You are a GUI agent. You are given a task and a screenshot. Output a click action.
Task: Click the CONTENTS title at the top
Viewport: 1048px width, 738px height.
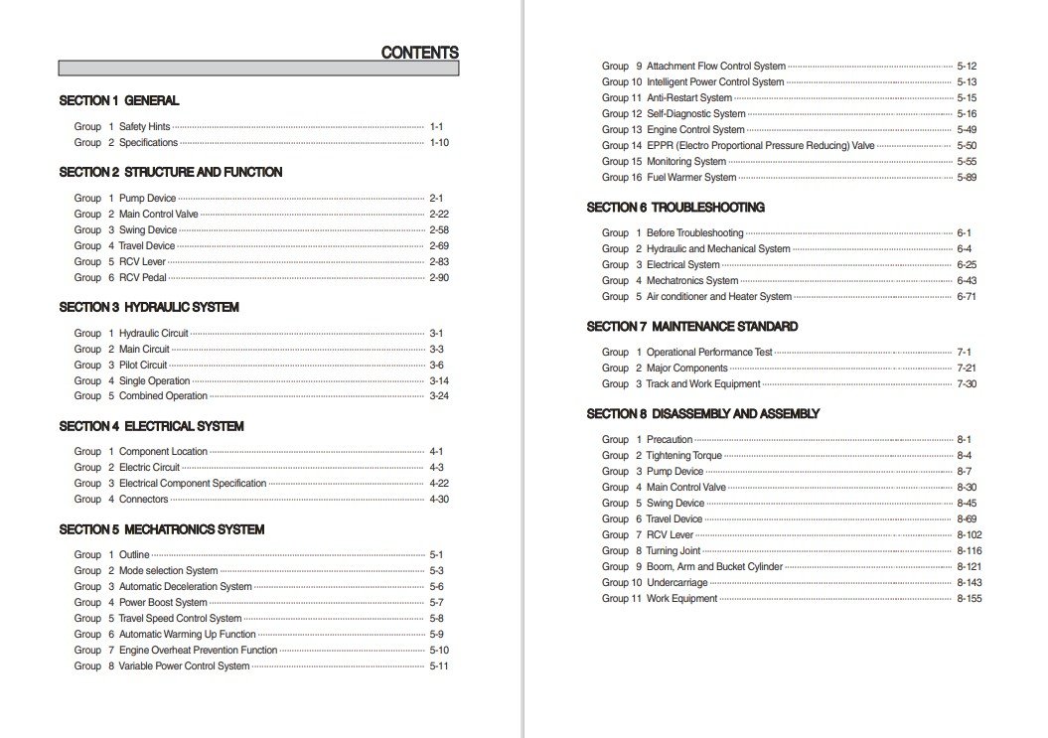(x=419, y=54)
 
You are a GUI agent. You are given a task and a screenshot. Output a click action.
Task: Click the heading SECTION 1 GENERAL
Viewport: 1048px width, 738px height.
(x=119, y=100)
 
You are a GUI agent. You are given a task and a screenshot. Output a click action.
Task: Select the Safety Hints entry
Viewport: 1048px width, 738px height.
(x=144, y=127)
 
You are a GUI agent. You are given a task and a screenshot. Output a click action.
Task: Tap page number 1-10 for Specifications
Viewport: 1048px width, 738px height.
(x=439, y=143)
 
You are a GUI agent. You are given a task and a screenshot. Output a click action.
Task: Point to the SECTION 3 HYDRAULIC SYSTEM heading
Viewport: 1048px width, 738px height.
(x=149, y=307)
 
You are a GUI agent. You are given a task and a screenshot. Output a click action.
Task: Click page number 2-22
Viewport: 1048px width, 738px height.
(x=439, y=215)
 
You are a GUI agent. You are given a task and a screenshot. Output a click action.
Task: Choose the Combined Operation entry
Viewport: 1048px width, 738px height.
(x=163, y=396)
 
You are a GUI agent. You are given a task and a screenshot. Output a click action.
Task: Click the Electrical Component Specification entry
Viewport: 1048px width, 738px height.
(x=193, y=484)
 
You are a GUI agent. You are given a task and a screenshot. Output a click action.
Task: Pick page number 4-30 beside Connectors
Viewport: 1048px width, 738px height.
(x=439, y=500)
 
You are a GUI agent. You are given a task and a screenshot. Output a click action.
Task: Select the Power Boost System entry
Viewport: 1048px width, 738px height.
(x=163, y=603)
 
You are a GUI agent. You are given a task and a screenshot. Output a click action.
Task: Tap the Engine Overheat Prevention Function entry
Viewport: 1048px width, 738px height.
(x=198, y=651)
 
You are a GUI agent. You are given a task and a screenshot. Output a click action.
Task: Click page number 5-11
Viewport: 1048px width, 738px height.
(x=439, y=666)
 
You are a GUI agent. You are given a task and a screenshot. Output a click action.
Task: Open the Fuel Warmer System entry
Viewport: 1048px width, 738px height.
(x=691, y=178)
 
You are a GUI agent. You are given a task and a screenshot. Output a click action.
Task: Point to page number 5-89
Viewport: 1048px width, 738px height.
(x=967, y=178)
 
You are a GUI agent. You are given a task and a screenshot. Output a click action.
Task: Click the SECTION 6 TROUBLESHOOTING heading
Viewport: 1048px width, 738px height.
(x=675, y=208)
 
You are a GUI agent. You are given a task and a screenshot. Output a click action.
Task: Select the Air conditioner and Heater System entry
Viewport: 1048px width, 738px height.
(x=719, y=297)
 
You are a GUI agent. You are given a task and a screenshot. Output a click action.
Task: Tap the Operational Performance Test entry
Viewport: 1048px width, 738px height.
(x=709, y=353)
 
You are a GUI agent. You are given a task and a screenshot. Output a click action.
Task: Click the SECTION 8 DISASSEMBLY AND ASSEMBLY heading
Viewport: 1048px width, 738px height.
(x=703, y=414)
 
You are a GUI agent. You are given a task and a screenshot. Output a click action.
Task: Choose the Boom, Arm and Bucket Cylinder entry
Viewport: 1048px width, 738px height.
(x=714, y=567)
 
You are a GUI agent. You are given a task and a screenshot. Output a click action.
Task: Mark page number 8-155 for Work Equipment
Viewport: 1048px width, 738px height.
(x=970, y=599)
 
